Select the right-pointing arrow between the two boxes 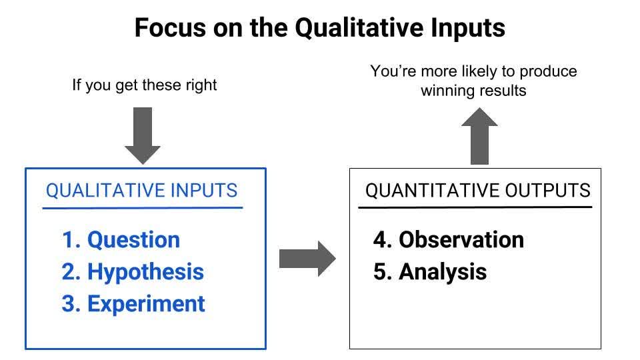click(x=307, y=258)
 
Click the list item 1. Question click(x=121, y=239)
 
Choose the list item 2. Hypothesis click(x=133, y=271)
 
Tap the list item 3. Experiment click(x=133, y=303)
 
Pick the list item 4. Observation click(x=448, y=239)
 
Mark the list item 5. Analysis click(x=429, y=271)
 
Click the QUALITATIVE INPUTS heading click(x=141, y=191)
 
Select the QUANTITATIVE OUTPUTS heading click(x=477, y=191)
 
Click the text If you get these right click(x=145, y=85)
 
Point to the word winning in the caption click(x=447, y=91)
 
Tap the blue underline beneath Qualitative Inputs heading click(x=142, y=208)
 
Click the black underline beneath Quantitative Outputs click(x=475, y=207)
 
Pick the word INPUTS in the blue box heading click(x=204, y=191)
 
